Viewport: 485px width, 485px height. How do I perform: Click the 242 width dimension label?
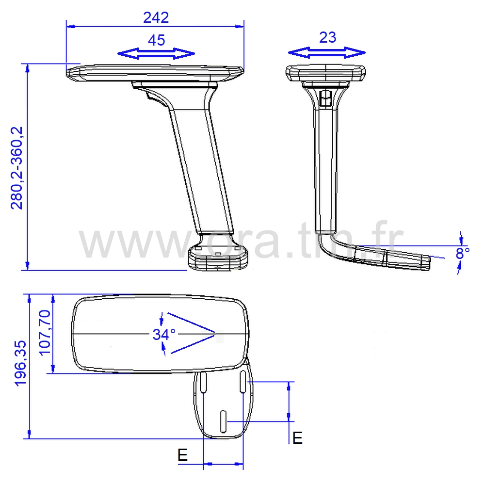156,17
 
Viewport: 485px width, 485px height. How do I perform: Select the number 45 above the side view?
156,40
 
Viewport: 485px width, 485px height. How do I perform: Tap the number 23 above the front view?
328,37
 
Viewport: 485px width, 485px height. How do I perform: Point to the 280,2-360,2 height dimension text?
17,168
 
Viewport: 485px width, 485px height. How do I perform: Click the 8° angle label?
463,253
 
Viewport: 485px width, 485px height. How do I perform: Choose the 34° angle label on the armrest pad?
164,334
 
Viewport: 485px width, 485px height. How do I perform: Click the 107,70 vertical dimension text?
45,333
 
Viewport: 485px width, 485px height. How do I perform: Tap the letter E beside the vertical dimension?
297,437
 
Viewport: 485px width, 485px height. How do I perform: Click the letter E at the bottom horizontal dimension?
182,454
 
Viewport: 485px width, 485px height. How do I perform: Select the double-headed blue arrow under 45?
156,53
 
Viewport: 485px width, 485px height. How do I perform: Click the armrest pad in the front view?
325,73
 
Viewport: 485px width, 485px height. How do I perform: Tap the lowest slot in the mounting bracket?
224,420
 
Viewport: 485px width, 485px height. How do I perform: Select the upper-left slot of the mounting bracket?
204,383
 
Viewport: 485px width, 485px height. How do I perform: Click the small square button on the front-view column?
325,100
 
